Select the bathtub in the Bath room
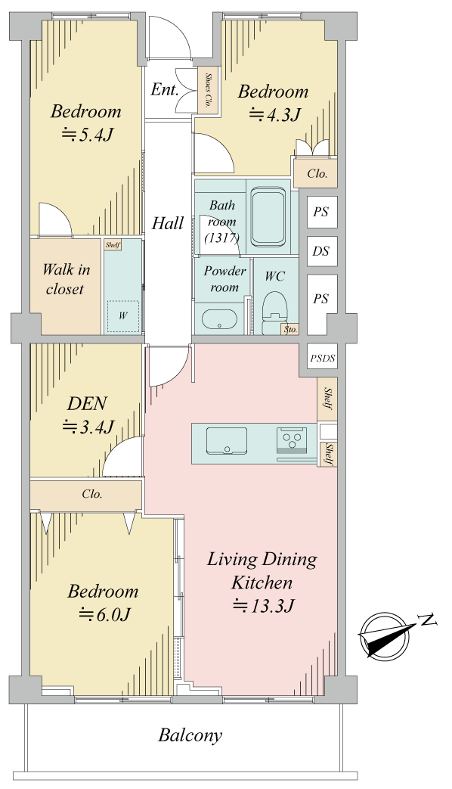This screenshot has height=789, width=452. [269, 216]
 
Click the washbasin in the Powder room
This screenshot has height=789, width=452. [219, 319]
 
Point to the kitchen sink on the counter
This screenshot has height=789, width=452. [227, 440]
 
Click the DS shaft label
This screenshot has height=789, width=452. [320, 250]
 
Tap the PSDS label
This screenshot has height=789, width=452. [322, 359]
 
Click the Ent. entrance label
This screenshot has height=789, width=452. [165, 89]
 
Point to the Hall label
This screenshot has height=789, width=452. [168, 222]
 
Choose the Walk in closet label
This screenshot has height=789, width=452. [65, 279]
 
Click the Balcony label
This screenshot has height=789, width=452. [190, 735]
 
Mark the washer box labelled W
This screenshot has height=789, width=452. [122, 316]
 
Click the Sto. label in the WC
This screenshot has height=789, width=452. [290, 330]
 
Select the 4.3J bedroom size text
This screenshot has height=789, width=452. [274, 115]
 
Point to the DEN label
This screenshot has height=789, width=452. [87, 403]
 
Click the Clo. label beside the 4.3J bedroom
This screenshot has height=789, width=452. [317, 173]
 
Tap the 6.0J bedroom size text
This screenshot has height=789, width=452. [105, 614]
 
